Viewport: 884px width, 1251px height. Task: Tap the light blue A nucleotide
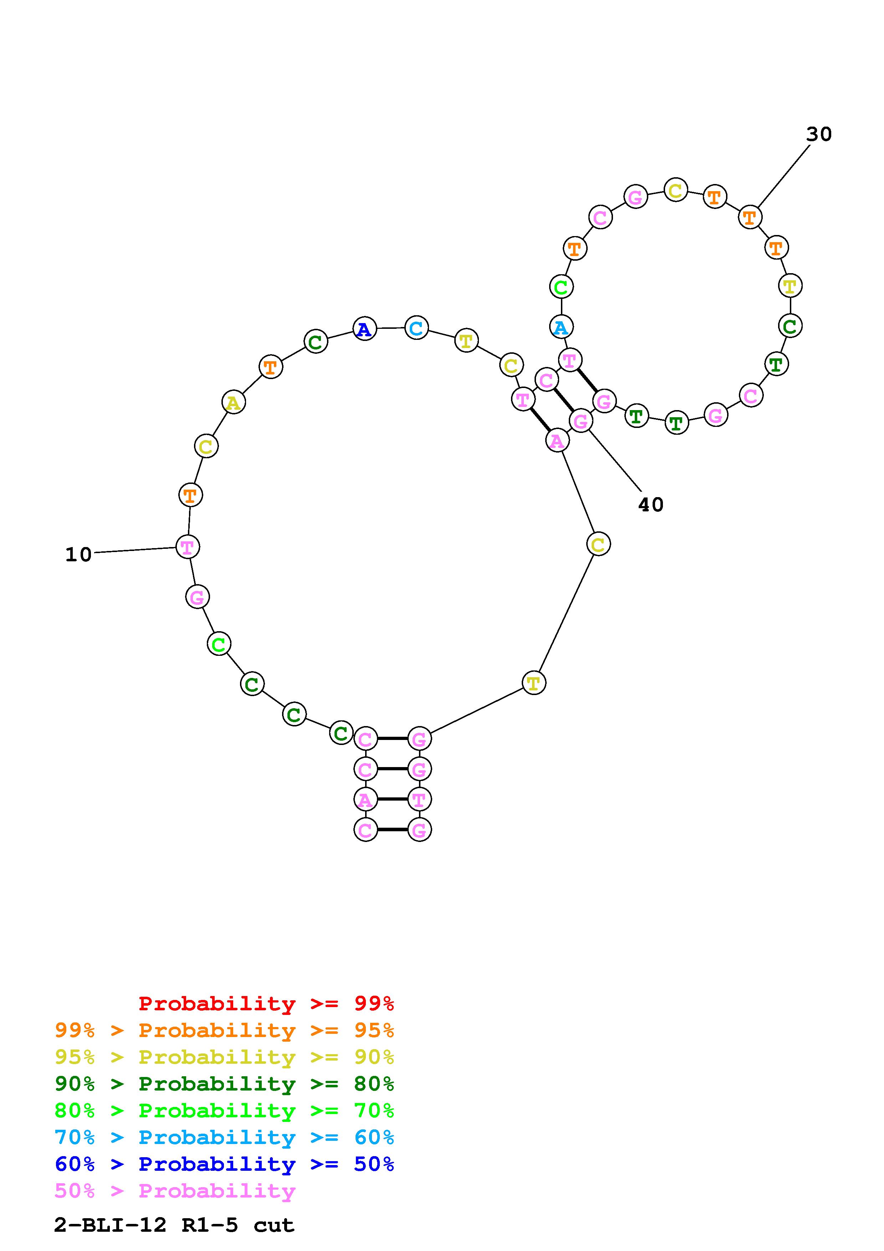pos(561,327)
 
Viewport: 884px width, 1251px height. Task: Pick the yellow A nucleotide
pos(234,403)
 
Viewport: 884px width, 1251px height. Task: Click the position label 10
pos(78,555)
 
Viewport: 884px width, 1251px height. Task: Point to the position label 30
pos(819,134)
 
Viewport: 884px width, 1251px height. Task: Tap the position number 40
pos(651,505)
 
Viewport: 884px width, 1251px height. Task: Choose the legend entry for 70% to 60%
pos(224,1137)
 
